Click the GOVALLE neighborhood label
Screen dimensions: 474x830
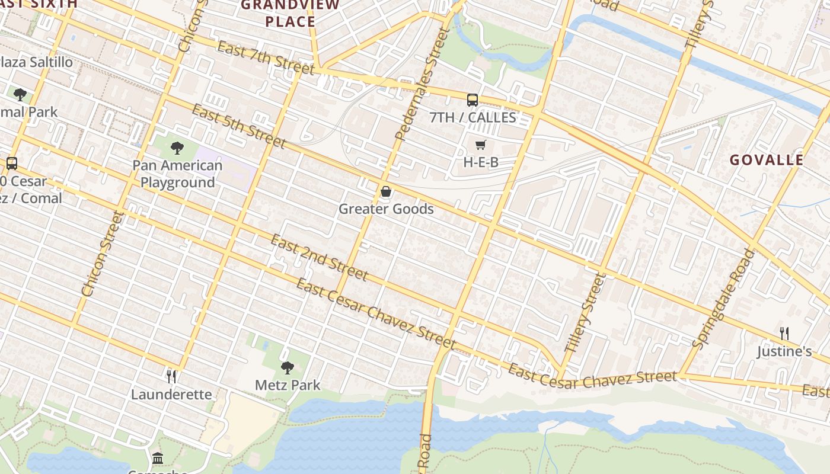(766, 160)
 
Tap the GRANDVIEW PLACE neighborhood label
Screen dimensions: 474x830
(290, 13)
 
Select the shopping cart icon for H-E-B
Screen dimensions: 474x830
(480, 145)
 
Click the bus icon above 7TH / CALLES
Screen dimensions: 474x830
(472, 100)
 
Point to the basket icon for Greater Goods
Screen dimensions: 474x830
(386, 191)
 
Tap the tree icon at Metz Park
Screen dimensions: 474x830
(288, 368)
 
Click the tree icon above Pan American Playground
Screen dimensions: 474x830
(177, 148)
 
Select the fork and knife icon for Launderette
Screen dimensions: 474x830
(171, 376)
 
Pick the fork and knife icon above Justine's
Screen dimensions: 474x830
(784, 333)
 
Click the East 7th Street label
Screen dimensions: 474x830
(266, 58)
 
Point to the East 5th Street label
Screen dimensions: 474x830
(239, 126)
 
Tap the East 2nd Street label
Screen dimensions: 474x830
(320, 257)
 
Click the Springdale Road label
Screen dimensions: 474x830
(724, 298)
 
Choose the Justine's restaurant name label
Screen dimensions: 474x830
(784, 351)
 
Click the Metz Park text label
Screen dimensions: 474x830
(288, 385)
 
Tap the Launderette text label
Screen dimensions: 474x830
(171, 395)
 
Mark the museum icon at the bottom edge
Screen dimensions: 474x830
(158, 458)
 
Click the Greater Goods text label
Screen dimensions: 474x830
(386, 209)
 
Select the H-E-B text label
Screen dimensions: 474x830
(480, 162)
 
